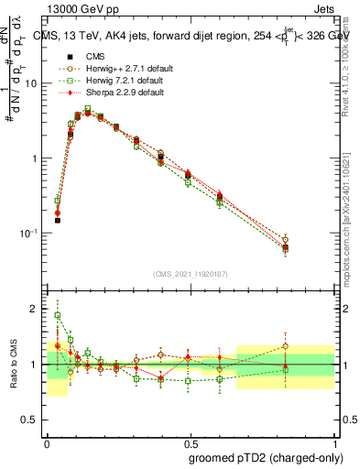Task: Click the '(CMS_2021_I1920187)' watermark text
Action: coord(191,274)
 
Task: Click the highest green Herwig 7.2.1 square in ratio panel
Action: coord(57,315)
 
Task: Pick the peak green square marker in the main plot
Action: coord(87,109)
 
